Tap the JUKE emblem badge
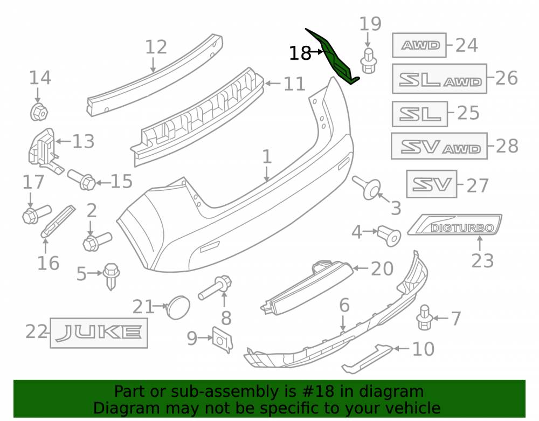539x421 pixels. click(x=99, y=333)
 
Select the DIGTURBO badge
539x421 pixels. click(x=455, y=225)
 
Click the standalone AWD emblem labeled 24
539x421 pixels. click(x=419, y=45)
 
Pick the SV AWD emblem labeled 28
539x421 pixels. click(x=439, y=146)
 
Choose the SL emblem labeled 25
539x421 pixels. click(x=420, y=114)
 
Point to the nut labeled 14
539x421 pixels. click(x=39, y=112)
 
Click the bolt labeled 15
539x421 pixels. click(x=81, y=179)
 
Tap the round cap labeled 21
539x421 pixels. click(x=178, y=307)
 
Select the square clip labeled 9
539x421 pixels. click(x=223, y=339)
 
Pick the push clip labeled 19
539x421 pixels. click(x=369, y=61)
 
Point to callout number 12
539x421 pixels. click(x=156, y=47)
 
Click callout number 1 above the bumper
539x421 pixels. click(x=267, y=156)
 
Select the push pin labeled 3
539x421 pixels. click(x=368, y=187)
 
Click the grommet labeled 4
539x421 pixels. click(x=389, y=236)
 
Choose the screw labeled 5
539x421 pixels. click(x=111, y=277)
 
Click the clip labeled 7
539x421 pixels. click(x=425, y=317)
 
